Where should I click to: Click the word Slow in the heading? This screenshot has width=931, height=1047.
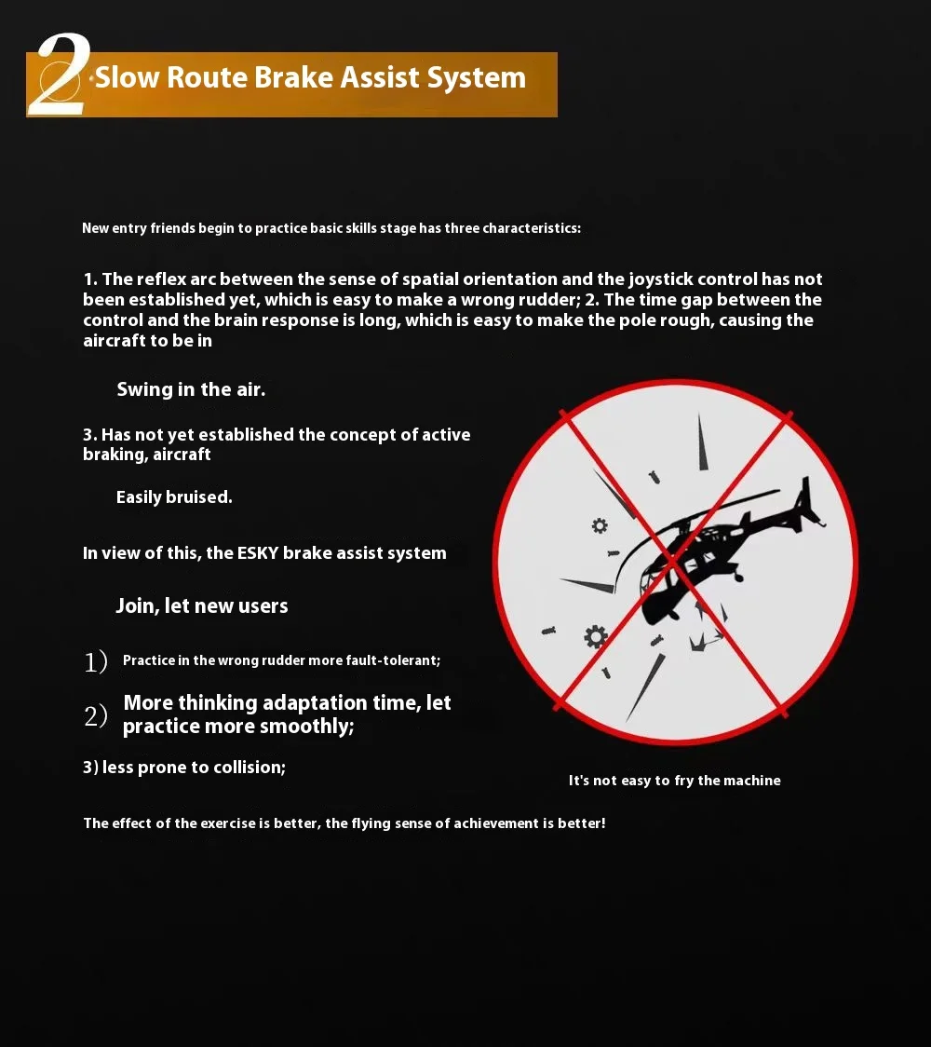click(127, 77)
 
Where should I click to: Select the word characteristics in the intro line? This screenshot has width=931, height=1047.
click(532, 228)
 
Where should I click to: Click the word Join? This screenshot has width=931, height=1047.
click(138, 606)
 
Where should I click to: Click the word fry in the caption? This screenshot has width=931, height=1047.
click(684, 781)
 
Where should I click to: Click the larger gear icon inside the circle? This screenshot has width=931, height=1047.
click(595, 637)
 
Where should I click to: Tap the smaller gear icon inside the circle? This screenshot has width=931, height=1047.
click(600, 525)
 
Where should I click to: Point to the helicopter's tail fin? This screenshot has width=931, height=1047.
click(807, 497)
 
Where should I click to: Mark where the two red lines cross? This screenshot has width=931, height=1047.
click(674, 561)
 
